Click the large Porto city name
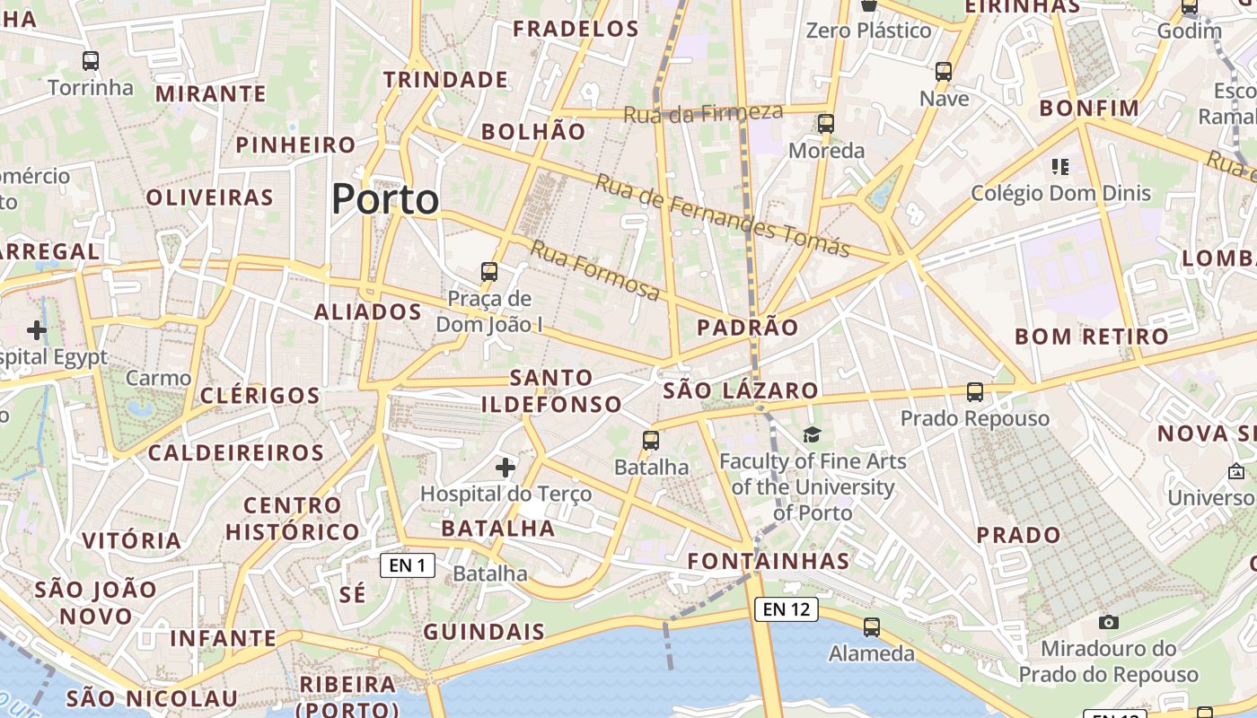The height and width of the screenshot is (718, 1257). pyautogui.click(x=385, y=198)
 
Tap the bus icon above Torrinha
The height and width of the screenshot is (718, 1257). pyautogui.click(x=90, y=61)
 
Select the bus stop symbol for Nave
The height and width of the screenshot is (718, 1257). pyautogui.click(x=943, y=72)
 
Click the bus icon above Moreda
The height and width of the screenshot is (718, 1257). pyautogui.click(x=826, y=124)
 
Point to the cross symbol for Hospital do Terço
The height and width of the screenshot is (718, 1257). pyautogui.click(x=505, y=467)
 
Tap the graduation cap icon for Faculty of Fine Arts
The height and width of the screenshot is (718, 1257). pyautogui.click(x=812, y=435)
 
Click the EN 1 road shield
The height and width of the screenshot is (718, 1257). pyautogui.click(x=408, y=565)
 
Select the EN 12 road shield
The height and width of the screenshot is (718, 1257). pyautogui.click(x=787, y=609)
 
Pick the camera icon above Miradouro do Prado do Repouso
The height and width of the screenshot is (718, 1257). pyautogui.click(x=1108, y=622)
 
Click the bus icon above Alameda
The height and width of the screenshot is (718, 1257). pyautogui.click(x=871, y=627)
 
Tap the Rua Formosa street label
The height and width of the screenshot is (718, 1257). pyautogui.click(x=594, y=270)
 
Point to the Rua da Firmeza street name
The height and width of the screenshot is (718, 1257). pyautogui.click(x=703, y=113)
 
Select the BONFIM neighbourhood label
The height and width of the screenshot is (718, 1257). pyautogui.click(x=1088, y=109)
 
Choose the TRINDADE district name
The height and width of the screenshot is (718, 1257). pyautogui.click(x=445, y=80)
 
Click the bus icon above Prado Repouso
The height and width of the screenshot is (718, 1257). pyautogui.click(x=975, y=392)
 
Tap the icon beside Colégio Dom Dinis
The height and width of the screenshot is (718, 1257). pyautogui.click(x=1059, y=167)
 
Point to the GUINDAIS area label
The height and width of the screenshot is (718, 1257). pyautogui.click(x=483, y=632)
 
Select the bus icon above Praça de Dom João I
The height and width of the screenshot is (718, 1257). pyautogui.click(x=488, y=271)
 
